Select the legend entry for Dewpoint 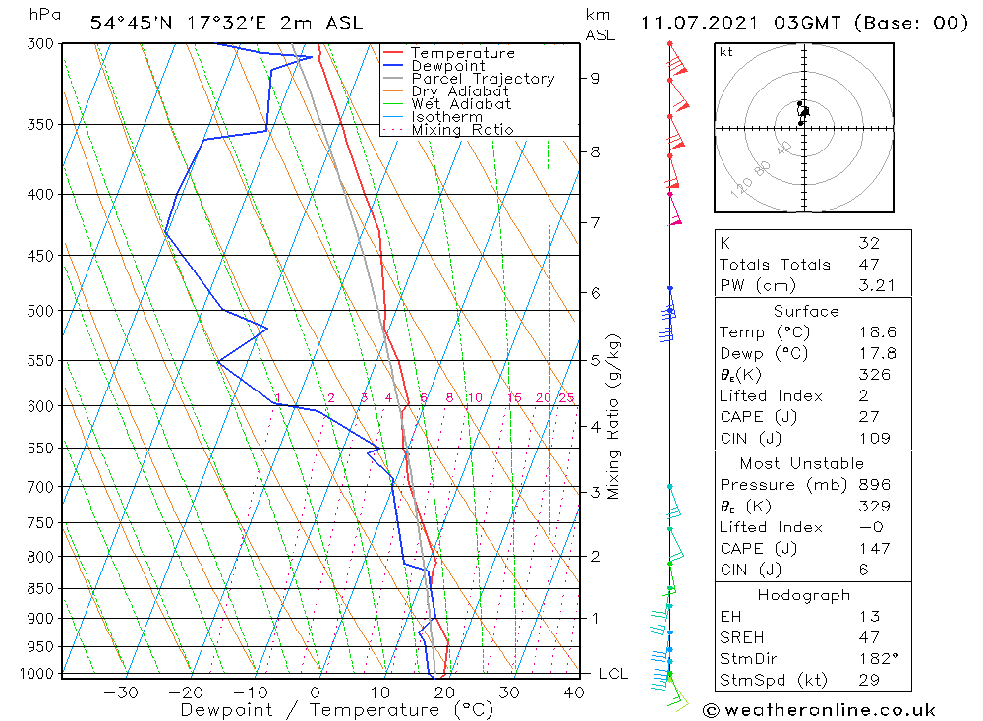tap(447, 66)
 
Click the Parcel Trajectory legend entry tap(483, 79)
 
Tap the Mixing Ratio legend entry tap(462, 130)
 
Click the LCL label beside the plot tap(613, 674)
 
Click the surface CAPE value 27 tap(867, 417)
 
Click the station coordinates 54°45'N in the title tap(128, 23)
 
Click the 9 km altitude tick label tap(596, 78)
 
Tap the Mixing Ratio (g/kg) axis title tap(614, 417)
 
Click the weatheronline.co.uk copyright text tap(820, 710)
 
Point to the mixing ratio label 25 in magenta tap(566, 398)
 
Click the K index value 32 tap(869, 243)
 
